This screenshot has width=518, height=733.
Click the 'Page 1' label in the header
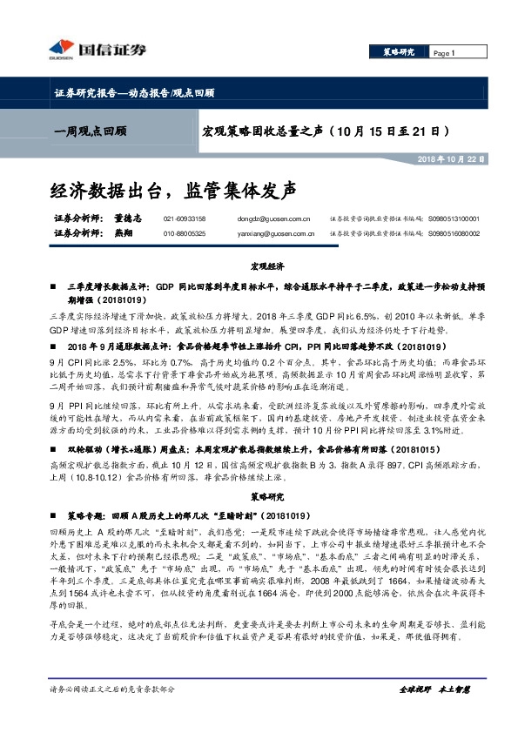[446, 54]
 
